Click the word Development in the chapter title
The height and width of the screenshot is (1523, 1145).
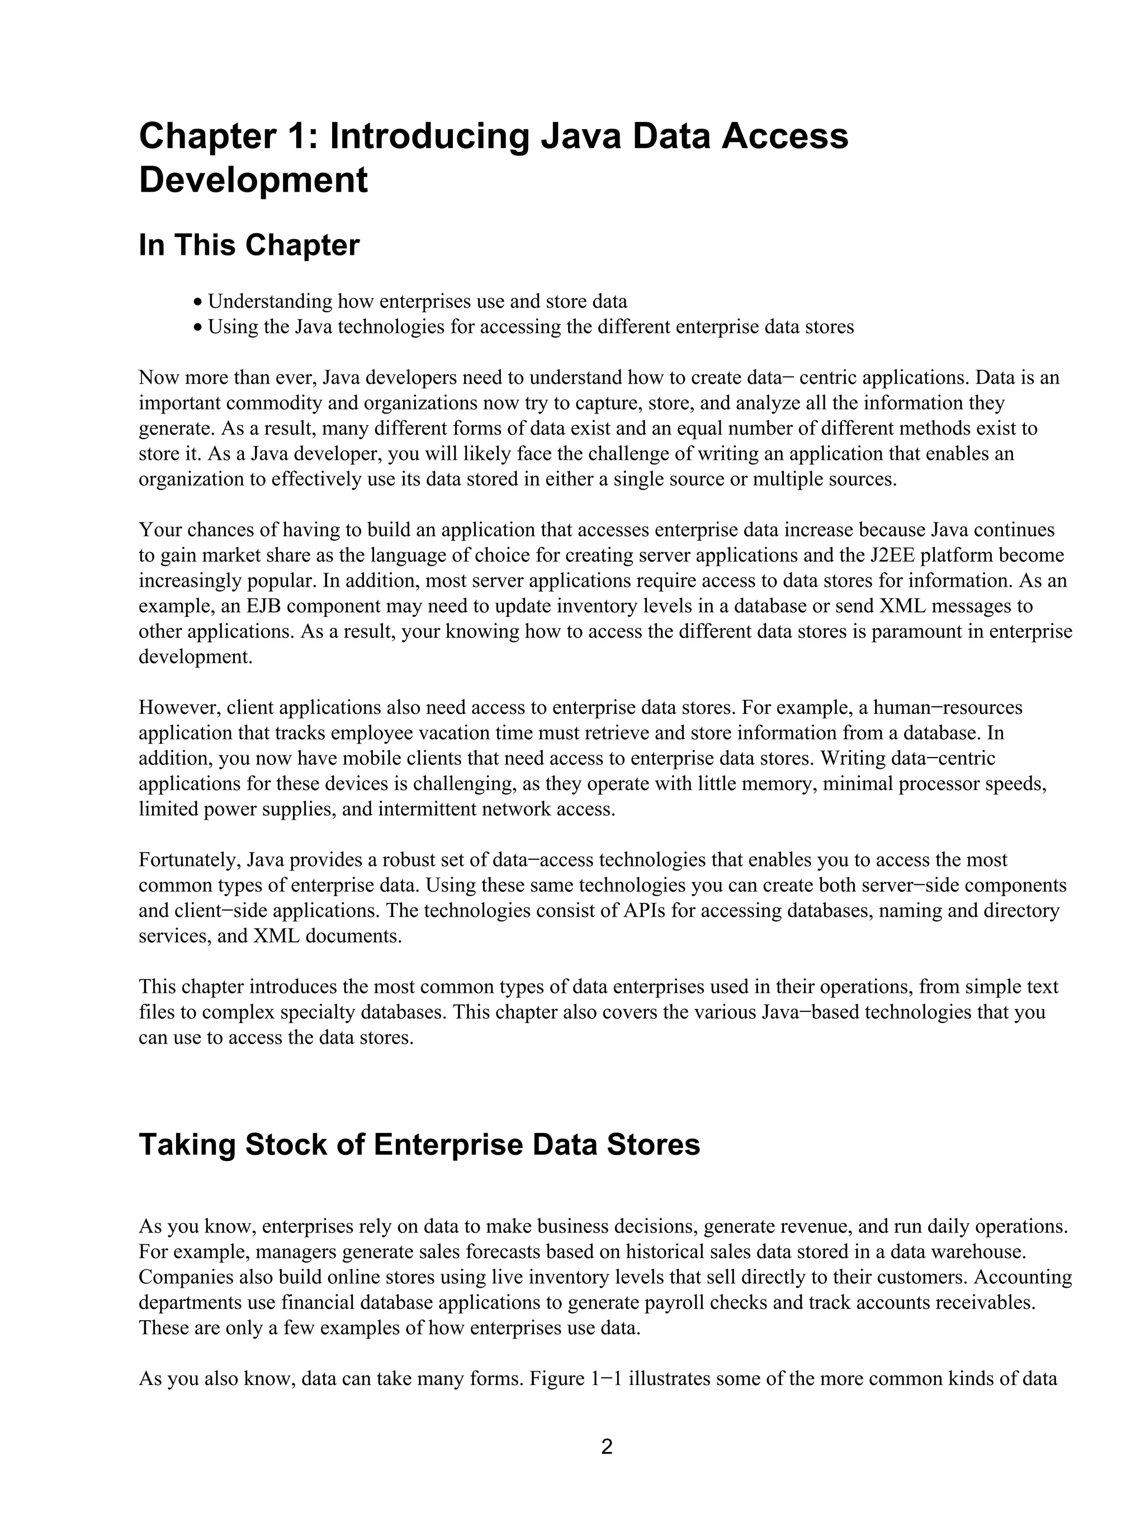pos(253,180)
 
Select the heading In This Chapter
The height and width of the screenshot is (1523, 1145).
pos(249,245)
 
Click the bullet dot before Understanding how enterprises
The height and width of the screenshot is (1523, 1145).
pos(198,302)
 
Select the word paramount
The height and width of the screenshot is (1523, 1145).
pos(916,631)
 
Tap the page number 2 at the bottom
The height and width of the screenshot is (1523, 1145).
pos(606,1446)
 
